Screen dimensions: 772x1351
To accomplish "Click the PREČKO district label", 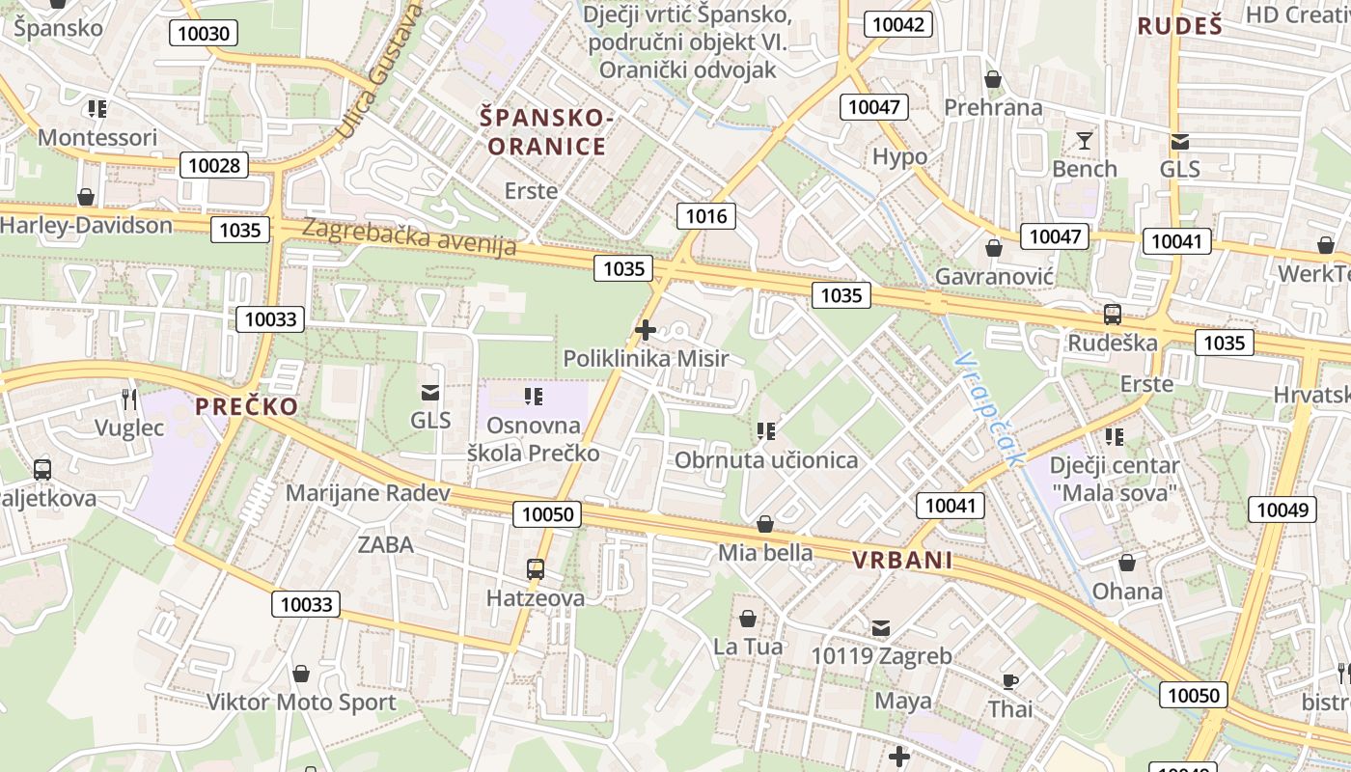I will [247, 406].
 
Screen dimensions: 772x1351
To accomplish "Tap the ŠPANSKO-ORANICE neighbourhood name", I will [546, 132].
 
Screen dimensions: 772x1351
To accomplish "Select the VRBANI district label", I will [902, 561].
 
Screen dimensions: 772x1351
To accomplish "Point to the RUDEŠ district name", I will [1179, 26].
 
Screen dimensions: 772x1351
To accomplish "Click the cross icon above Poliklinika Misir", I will [646, 331].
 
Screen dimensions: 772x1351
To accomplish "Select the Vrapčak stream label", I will [986, 409].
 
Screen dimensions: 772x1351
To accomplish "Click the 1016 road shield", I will [705, 216].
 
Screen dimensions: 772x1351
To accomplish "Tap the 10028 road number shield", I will [213, 165].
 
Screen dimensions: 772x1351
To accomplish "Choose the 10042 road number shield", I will [896, 24].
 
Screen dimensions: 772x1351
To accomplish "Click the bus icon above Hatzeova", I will [536, 569].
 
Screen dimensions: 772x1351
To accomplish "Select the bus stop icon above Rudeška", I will [1113, 314].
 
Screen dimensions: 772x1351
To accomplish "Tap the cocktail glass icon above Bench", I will [1085, 141].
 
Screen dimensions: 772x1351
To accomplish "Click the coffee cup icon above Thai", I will [1009, 681].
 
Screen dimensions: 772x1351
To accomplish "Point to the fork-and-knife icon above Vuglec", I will [129, 399].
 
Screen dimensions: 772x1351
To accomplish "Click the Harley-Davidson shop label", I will [86, 226].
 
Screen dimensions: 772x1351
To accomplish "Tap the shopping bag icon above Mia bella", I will [765, 524].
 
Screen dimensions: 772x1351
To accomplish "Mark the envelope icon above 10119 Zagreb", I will [881, 628].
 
